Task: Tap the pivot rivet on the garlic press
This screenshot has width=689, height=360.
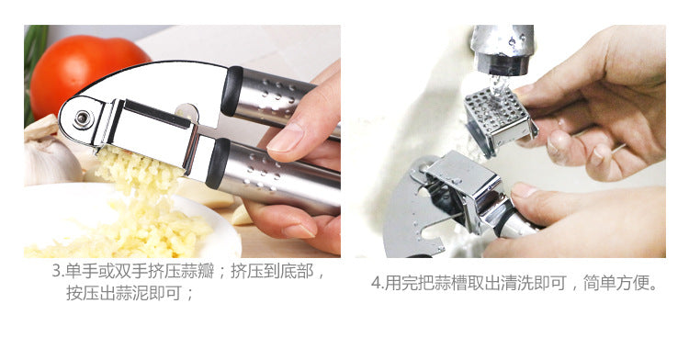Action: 83,118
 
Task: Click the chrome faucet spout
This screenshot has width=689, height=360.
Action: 502,49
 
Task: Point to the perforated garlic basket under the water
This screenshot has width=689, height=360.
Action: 500,118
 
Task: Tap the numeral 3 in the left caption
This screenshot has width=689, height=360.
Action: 56,271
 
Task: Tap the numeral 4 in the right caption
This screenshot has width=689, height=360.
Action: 376,283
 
